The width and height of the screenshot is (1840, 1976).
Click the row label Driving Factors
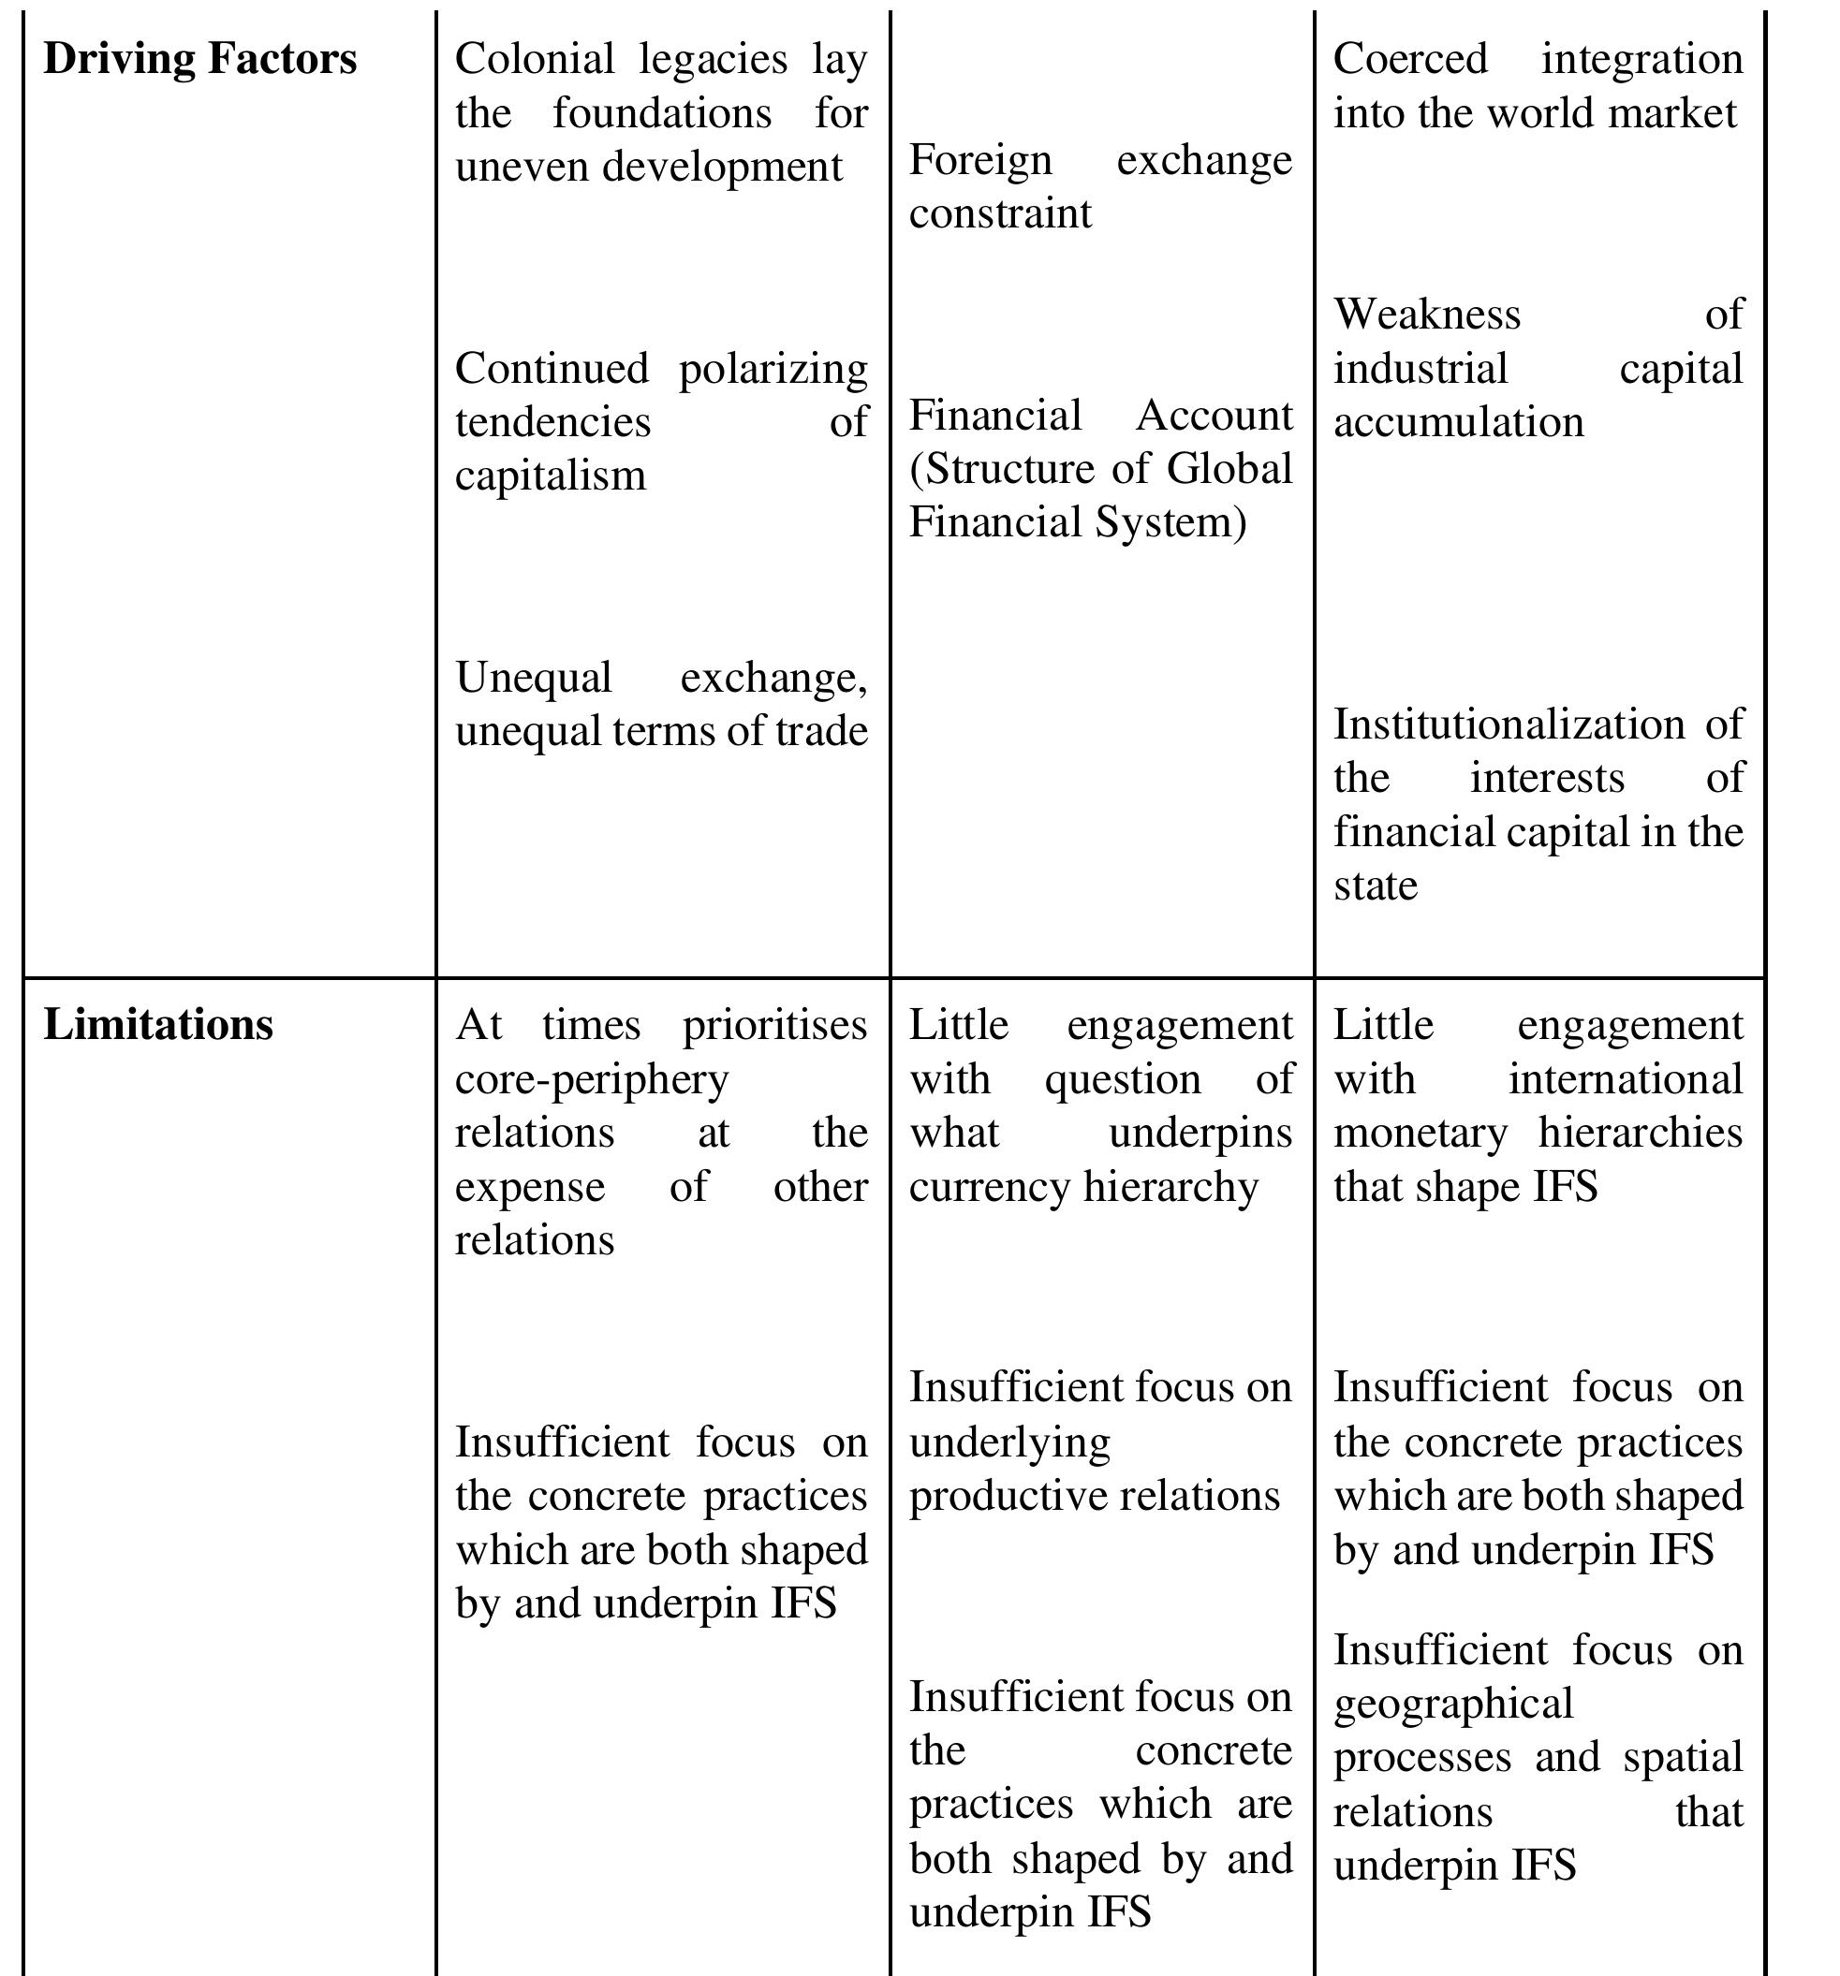click(199, 59)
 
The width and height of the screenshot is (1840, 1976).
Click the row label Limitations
click(158, 1025)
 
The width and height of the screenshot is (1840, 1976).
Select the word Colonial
click(535, 59)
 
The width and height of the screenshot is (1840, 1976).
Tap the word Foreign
click(980, 160)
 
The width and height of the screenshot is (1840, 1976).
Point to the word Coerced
click(1409, 59)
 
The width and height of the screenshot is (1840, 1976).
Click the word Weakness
click(1426, 315)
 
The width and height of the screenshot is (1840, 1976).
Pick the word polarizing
click(773, 370)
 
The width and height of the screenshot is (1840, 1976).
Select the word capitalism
click(551, 476)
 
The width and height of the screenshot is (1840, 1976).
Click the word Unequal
click(533, 678)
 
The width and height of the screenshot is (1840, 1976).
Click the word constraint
click(1000, 213)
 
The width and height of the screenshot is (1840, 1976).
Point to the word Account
click(1214, 416)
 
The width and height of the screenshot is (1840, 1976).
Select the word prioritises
click(774, 1025)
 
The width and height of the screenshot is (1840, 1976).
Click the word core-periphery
click(592, 1078)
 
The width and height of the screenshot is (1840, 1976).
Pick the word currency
click(989, 1187)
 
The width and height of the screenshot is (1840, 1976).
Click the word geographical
click(1452, 1704)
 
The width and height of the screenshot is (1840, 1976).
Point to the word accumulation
click(1458, 422)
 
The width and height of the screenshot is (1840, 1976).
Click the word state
click(1375, 886)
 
